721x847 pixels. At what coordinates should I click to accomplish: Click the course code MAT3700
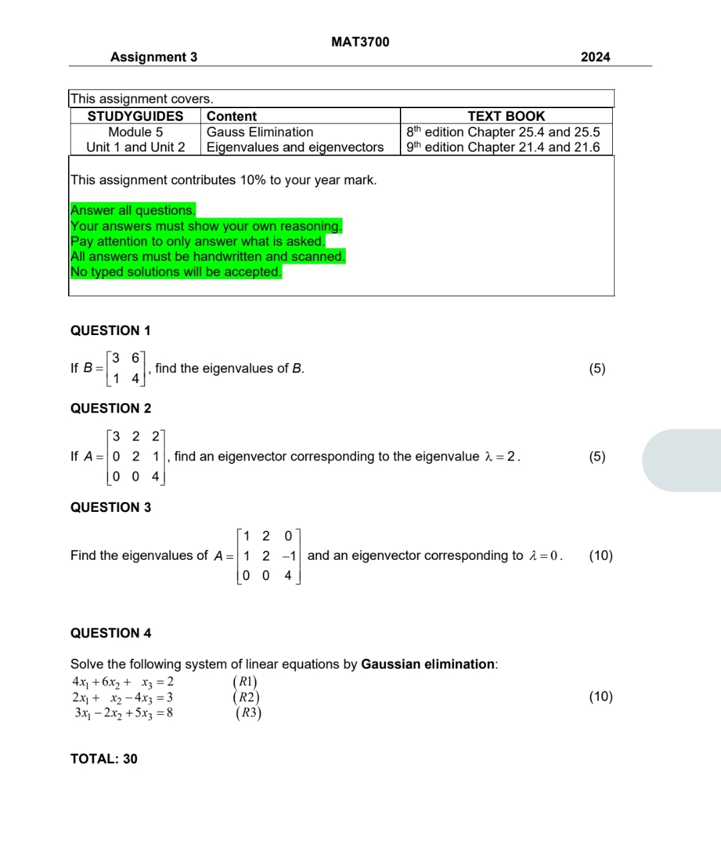[360, 42]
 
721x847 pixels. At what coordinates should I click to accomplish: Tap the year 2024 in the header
[595, 57]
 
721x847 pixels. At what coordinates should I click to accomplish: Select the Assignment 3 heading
[154, 57]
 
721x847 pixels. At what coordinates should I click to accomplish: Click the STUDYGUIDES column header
[136, 116]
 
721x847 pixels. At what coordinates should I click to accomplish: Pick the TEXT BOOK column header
[506, 116]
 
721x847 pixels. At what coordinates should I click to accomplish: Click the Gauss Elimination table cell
[260, 132]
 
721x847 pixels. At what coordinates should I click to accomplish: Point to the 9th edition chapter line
[503, 148]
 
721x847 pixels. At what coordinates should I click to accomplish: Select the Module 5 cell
[136, 132]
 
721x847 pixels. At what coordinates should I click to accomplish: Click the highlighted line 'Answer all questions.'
[133, 210]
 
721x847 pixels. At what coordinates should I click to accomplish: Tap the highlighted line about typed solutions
[176, 272]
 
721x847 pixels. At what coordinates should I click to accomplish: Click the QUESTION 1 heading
[111, 330]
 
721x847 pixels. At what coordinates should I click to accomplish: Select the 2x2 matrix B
[126, 368]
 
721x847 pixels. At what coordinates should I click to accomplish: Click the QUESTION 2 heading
[111, 408]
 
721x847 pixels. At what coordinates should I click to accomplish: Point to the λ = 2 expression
[501, 457]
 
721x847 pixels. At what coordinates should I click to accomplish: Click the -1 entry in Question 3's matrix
[288, 556]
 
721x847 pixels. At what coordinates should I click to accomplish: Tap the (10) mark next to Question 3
[600, 555]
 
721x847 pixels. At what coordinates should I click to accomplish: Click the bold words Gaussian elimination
[428, 664]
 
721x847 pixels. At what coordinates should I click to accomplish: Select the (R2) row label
[246, 697]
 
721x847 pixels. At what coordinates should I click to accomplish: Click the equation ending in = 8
[124, 713]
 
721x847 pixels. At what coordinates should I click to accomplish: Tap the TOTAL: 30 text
[104, 759]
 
